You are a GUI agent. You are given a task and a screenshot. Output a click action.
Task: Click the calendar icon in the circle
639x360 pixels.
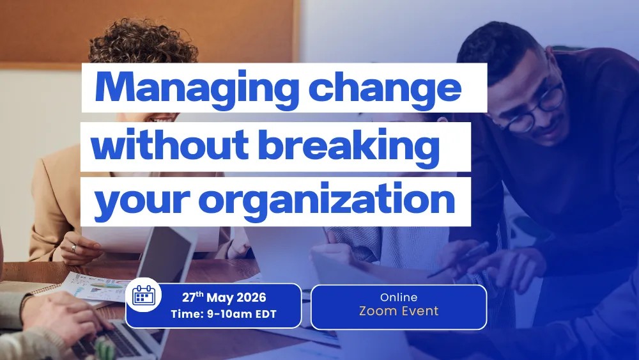coord(143,296)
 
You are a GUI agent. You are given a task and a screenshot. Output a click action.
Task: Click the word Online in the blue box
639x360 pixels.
coord(399,297)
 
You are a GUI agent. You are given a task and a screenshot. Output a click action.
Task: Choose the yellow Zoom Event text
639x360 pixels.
coord(399,311)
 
